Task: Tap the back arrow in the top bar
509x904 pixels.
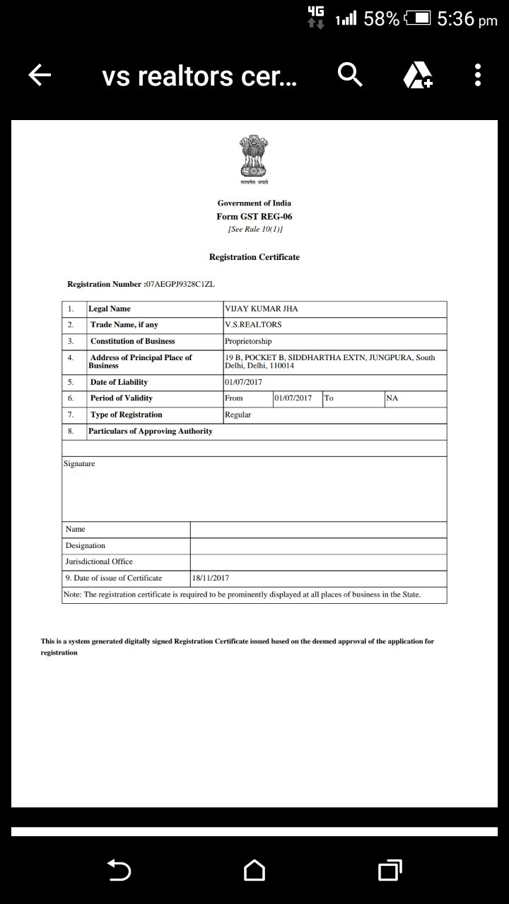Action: [40, 75]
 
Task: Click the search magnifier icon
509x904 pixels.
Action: [350, 74]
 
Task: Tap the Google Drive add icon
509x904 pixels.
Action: [418, 75]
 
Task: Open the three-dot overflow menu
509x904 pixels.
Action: [478, 75]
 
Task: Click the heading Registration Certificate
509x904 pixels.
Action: [254, 257]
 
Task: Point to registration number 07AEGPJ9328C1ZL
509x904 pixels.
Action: [180, 284]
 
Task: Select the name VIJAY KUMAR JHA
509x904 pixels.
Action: [257, 309]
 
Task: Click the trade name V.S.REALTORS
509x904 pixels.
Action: [253, 325]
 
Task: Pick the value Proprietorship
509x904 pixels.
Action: [248, 341]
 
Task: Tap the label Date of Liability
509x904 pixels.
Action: [119, 382]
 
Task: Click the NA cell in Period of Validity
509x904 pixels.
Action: [392, 398]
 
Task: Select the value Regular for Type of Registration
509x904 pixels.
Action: [238, 415]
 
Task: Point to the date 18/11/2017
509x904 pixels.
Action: [211, 578]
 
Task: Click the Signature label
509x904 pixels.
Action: [79, 464]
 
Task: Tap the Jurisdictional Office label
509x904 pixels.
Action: [99, 561]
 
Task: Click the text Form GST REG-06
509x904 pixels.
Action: [254, 217]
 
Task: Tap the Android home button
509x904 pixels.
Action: [255, 870]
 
